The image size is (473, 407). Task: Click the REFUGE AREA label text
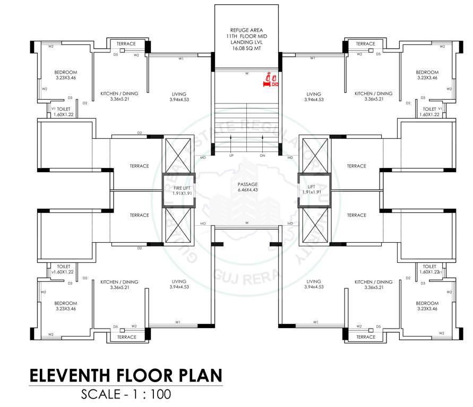pyautogui.click(x=247, y=30)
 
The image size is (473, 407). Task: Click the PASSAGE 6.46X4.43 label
pyautogui.click(x=248, y=187)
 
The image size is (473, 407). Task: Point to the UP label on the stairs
pyautogui.click(x=231, y=156)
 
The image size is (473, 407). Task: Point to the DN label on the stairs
pyautogui.click(x=263, y=156)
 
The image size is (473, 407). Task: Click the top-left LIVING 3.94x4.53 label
pyautogui.click(x=179, y=96)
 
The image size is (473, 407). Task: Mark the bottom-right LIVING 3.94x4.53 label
pyautogui.click(x=314, y=284)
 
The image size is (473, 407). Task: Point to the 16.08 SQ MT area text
pyautogui.click(x=247, y=48)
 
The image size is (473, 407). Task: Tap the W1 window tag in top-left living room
pyautogui.click(x=181, y=58)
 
